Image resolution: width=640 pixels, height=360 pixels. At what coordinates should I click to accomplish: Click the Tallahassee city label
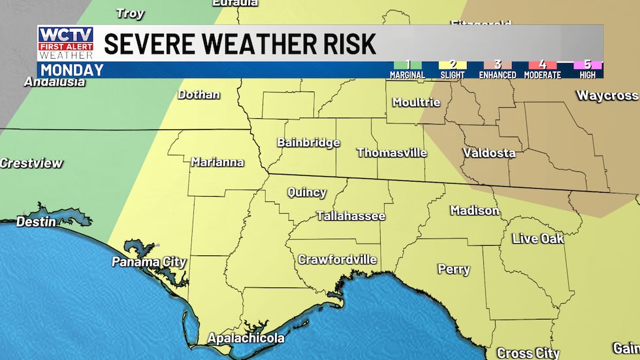[x=351, y=216]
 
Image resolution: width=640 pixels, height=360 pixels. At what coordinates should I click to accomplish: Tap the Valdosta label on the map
[x=488, y=153]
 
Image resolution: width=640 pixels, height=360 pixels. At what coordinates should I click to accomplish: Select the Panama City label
[x=149, y=262]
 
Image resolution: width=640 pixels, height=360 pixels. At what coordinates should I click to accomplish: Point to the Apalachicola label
[x=246, y=338]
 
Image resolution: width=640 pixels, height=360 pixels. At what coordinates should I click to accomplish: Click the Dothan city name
[x=199, y=94]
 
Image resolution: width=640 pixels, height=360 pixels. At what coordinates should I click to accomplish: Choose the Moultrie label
[x=416, y=102]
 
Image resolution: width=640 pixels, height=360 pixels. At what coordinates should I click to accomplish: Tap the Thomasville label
[x=391, y=153]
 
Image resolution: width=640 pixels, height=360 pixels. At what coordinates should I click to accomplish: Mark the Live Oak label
[x=537, y=238]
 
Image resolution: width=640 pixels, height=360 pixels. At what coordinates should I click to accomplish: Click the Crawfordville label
[x=337, y=259]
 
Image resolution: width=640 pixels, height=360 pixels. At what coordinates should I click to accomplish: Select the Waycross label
[x=607, y=95]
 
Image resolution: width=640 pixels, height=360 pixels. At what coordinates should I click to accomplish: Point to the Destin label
[x=36, y=222]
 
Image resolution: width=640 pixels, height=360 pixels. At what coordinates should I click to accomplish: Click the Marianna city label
[x=217, y=162]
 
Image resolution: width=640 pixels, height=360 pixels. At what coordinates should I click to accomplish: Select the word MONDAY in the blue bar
[x=72, y=70]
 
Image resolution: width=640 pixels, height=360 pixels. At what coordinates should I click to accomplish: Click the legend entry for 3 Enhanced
[x=497, y=69]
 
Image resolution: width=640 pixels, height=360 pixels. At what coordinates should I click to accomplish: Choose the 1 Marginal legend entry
[x=408, y=69]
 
